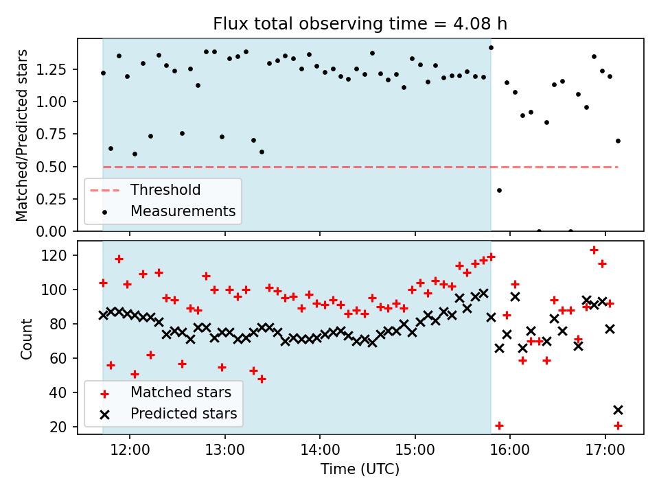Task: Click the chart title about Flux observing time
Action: pos(360,24)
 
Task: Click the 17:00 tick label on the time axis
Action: pos(605,451)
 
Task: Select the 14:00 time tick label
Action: pos(320,451)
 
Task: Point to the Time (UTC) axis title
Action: pos(360,470)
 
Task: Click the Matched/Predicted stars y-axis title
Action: pos(22,135)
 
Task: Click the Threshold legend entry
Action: pos(165,190)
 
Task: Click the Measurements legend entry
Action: pos(183,211)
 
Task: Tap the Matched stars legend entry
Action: pos(181,392)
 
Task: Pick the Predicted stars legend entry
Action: pos(183,414)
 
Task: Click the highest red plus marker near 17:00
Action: pos(594,250)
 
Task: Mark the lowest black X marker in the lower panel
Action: pos(618,410)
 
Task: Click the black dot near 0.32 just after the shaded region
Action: pos(499,190)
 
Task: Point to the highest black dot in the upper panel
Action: pos(491,47)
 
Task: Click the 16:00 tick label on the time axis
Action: pos(510,451)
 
